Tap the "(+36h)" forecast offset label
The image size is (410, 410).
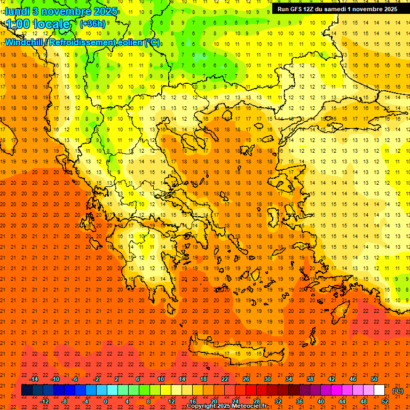(92, 23)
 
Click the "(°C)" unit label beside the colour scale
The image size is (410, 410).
(398, 391)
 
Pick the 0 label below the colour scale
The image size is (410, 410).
(106, 401)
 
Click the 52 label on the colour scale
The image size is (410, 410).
(385, 401)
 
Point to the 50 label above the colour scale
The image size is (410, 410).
(374, 379)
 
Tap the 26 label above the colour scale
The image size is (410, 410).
(246, 379)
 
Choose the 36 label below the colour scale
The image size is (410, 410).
(299, 401)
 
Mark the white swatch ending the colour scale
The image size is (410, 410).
(380, 390)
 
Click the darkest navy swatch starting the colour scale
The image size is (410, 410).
(27, 390)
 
